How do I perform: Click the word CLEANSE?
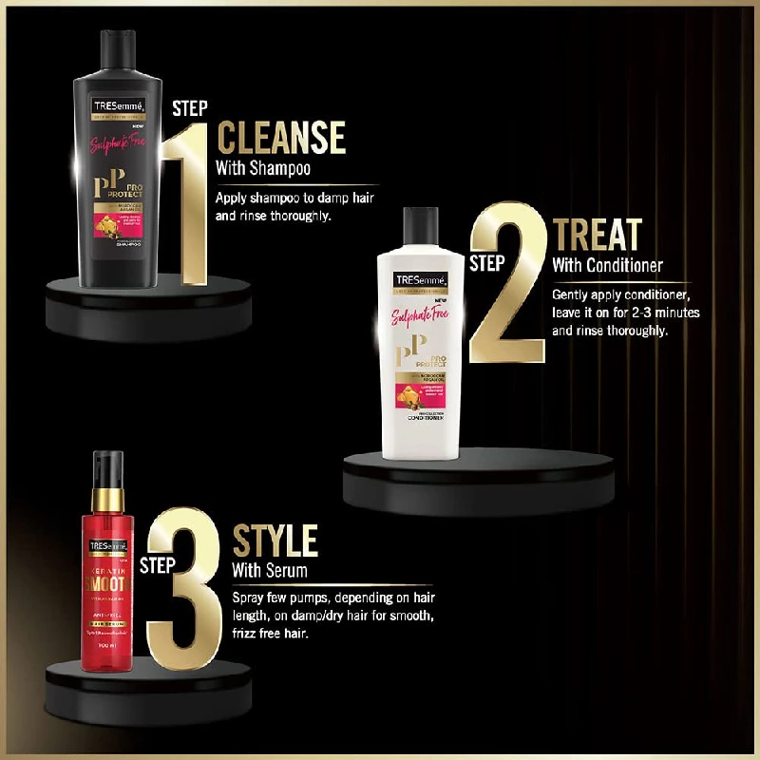pyautogui.click(x=281, y=138)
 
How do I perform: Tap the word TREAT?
pyautogui.click(x=597, y=235)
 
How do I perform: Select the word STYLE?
pyautogui.click(x=275, y=542)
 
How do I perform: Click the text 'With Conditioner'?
pyautogui.click(x=607, y=265)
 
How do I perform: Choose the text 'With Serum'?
pyautogui.click(x=270, y=571)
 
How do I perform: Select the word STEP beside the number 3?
pyautogui.click(x=158, y=566)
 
